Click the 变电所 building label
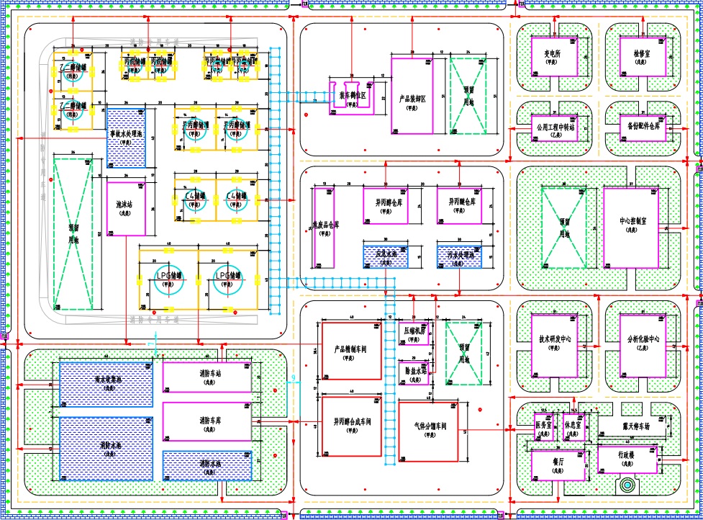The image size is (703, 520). [x=552, y=53]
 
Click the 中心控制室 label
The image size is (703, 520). [x=635, y=222]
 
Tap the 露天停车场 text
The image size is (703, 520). [x=641, y=425]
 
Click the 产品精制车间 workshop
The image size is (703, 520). [x=351, y=349]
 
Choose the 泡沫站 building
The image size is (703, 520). [x=126, y=205]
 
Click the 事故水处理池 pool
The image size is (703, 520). [x=126, y=137]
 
